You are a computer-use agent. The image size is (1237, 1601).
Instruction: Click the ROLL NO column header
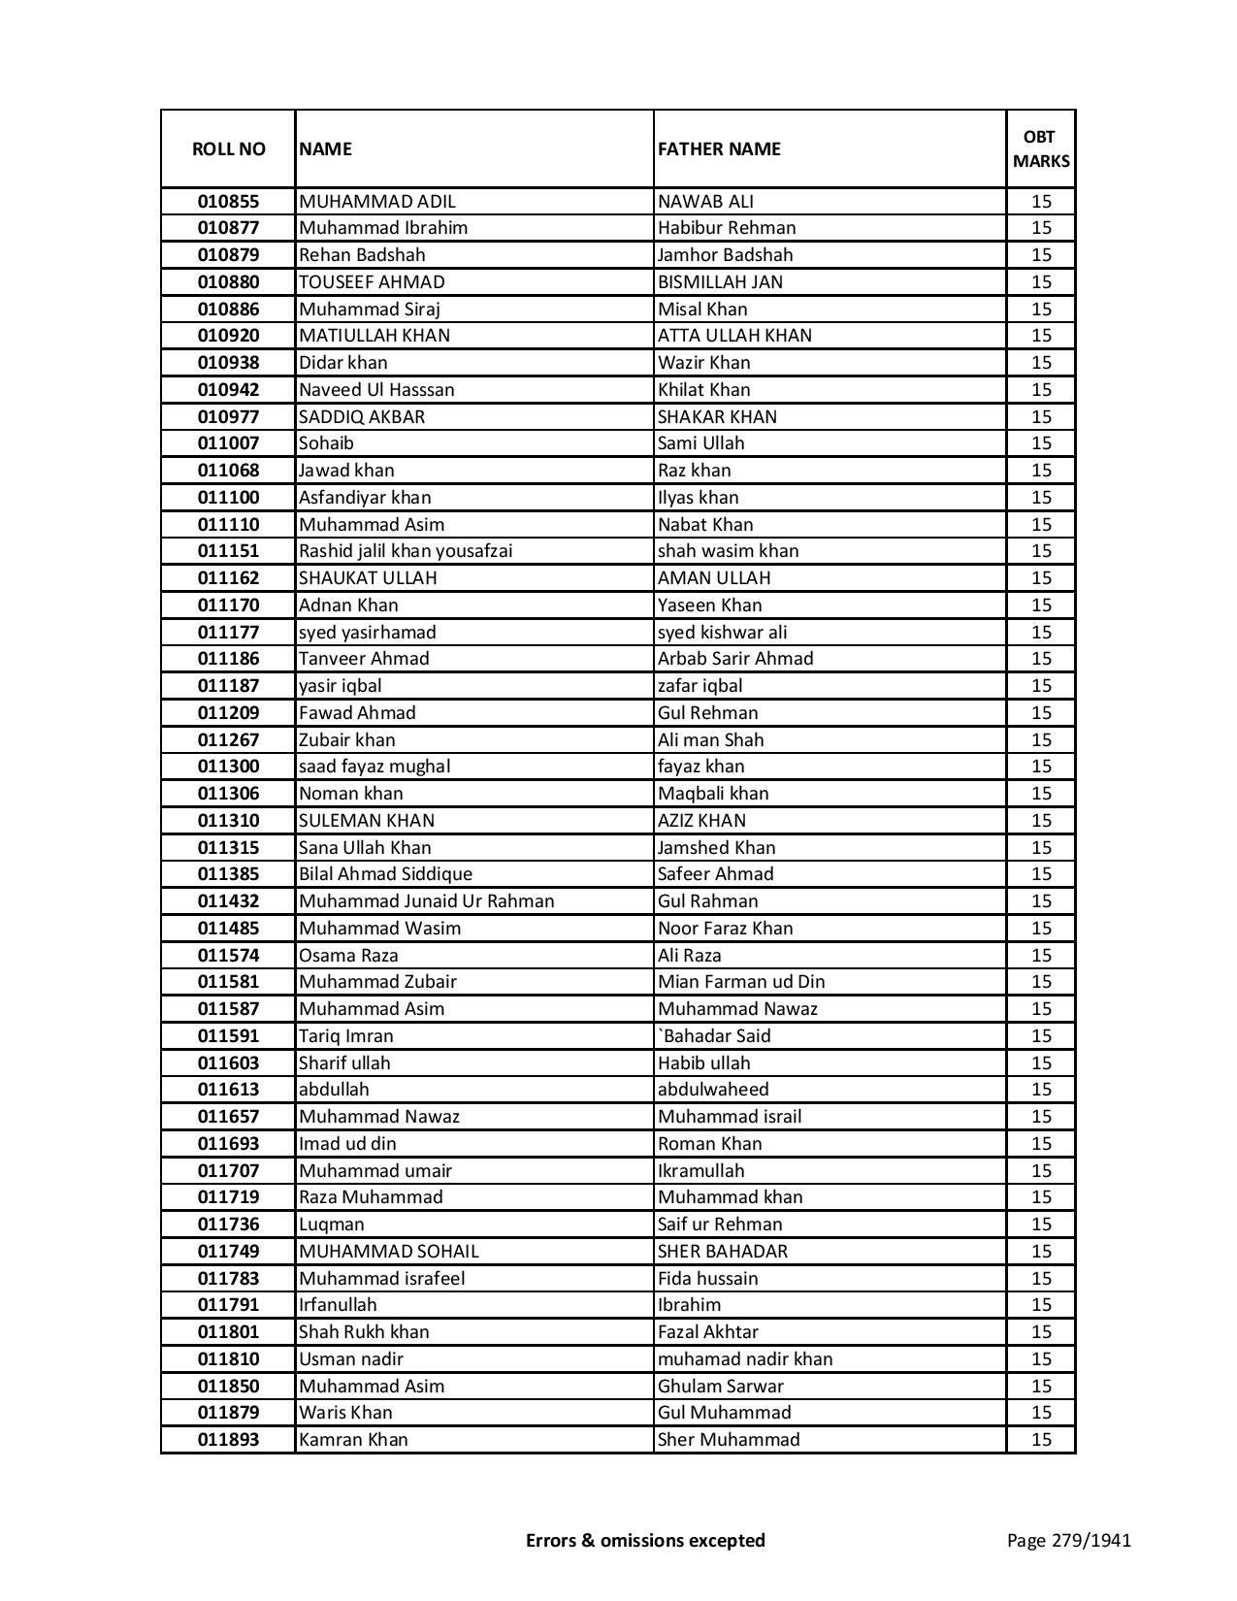click(228, 148)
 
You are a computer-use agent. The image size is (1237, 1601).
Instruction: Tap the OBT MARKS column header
click(1041, 148)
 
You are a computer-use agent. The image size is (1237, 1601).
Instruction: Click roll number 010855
click(228, 202)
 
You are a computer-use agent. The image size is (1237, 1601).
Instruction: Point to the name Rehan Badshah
click(362, 255)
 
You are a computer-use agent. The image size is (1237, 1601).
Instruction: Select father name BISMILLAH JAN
click(720, 282)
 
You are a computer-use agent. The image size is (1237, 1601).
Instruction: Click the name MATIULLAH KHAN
click(374, 336)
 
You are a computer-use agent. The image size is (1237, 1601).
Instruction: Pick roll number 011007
click(228, 443)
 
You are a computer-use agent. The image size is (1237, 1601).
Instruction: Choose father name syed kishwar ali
click(722, 633)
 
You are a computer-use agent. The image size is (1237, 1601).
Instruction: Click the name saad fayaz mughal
click(374, 767)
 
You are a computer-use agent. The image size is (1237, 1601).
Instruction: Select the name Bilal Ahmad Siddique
click(385, 874)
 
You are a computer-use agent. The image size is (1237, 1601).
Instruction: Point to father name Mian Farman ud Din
click(741, 982)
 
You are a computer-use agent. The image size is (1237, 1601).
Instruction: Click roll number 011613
click(228, 1090)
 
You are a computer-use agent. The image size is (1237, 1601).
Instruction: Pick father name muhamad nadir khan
click(745, 1359)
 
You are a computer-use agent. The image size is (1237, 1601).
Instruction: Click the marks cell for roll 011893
click(1041, 1440)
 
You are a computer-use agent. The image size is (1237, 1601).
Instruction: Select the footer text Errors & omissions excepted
click(645, 1540)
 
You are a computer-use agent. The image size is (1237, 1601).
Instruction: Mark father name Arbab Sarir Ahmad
click(735, 659)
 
